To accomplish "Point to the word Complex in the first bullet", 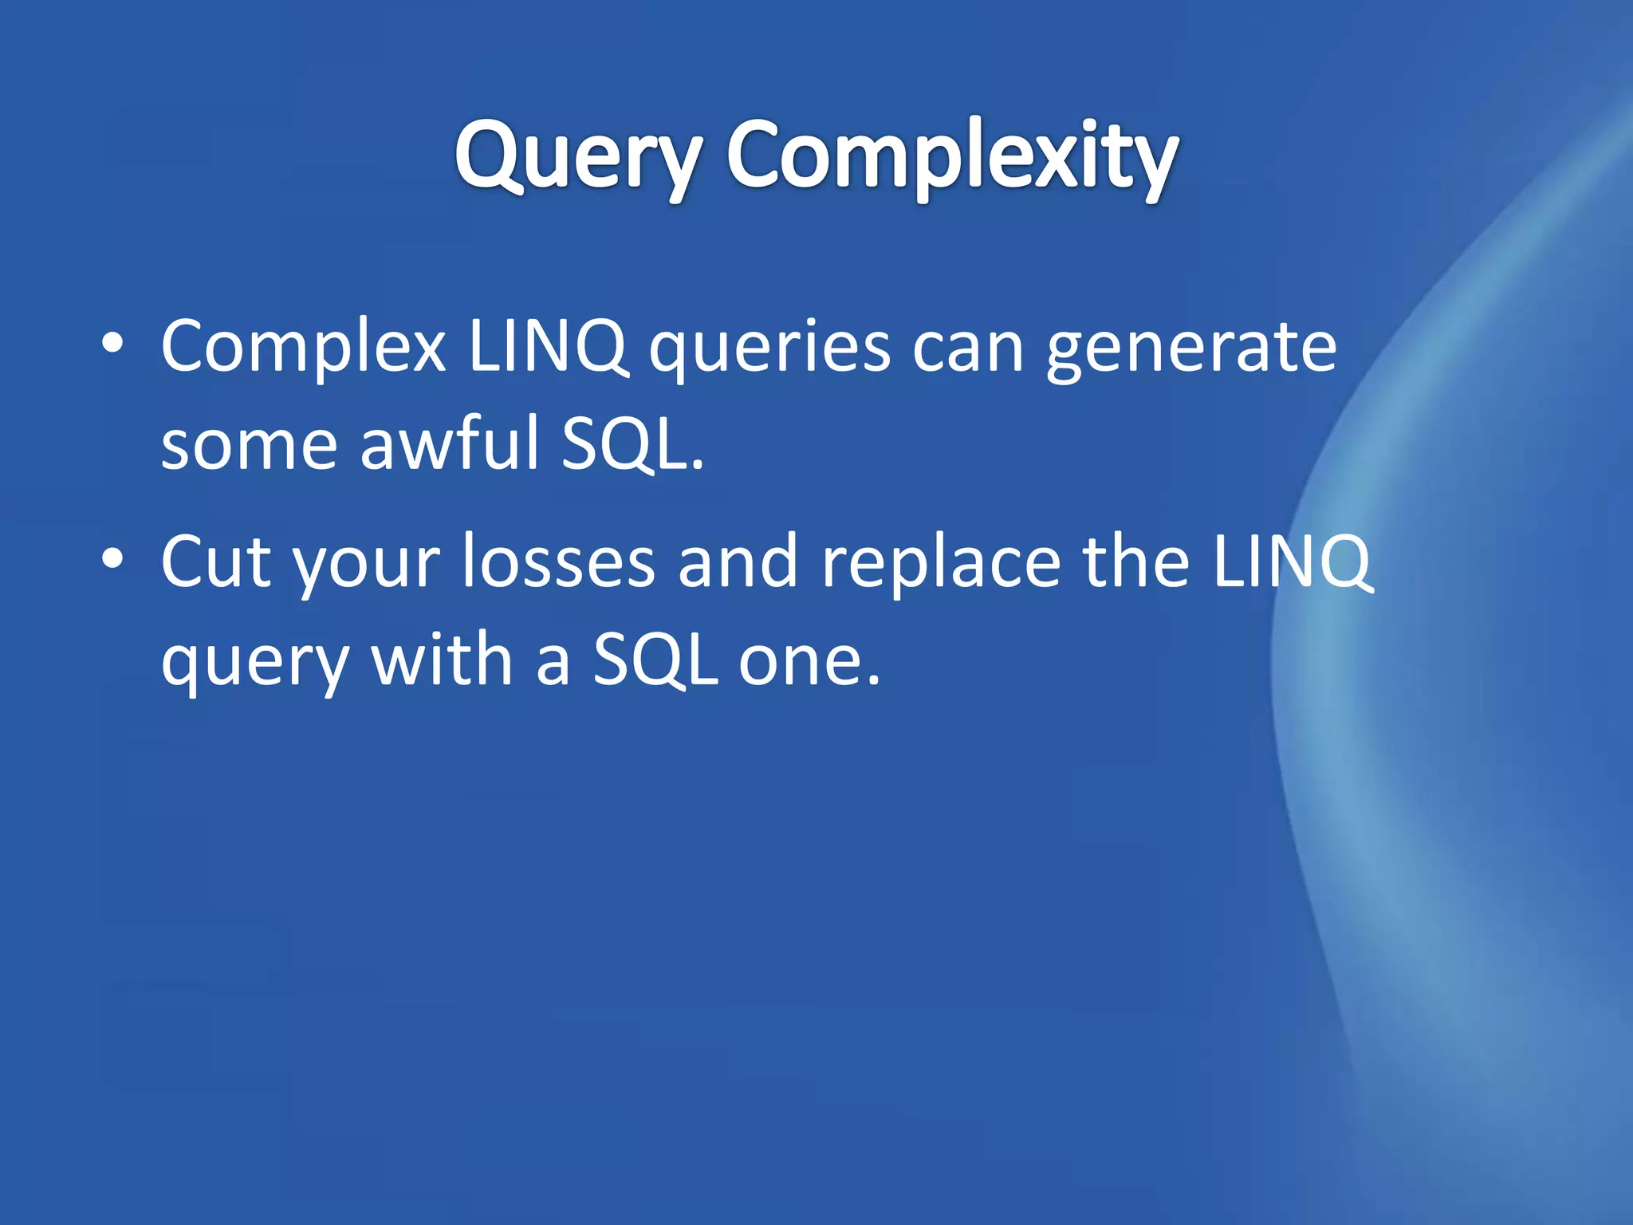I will coord(303,348).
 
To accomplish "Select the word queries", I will coord(769,348).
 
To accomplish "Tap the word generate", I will coord(1191,348).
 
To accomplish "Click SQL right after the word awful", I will coord(624,443).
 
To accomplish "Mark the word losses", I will coord(558,562).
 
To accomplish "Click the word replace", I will coord(941,562).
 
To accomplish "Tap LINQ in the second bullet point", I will coord(1292,562).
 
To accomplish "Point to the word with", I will coord(442,660).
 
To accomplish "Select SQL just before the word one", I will coord(655,660).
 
